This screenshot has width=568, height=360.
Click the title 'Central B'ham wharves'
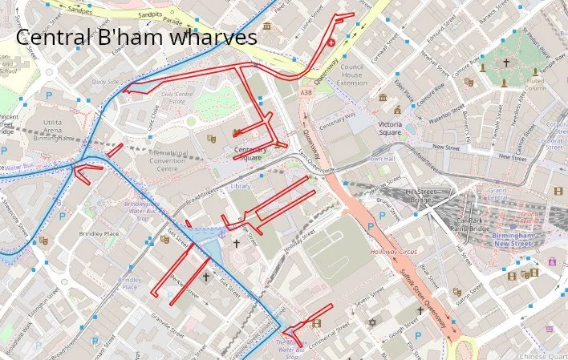pyautogui.click(x=136, y=37)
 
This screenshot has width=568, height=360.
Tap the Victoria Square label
pyautogui.click(x=390, y=128)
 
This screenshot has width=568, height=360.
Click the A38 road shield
pyautogui.click(x=306, y=94)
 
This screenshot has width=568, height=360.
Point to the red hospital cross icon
pyautogui.click(x=332, y=42)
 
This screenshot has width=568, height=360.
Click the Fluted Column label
pyautogui.click(x=536, y=83)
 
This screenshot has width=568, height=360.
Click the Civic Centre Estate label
pyautogui.click(x=178, y=98)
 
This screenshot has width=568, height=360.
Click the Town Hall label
pyautogui.click(x=381, y=159)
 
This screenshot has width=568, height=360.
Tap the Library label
pyautogui.click(x=240, y=186)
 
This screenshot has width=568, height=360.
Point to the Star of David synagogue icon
pyautogui.click(x=371, y=322)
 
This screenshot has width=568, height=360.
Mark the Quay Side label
pyautogui.click(x=105, y=81)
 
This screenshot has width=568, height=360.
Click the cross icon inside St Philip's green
pyautogui.click(x=505, y=63)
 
